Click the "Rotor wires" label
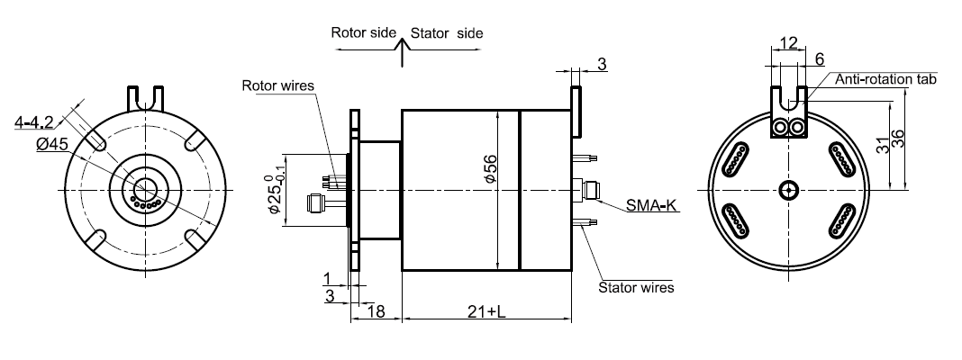[277, 86]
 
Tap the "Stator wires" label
[636, 288]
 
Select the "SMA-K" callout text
[650, 206]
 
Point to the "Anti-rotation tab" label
[886, 80]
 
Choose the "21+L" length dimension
[486, 311]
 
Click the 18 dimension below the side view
[376, 311]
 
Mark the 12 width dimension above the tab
[788, 43]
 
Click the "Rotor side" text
[363, 32]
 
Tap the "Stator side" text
[447, 33]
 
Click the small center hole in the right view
[789, 189]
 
